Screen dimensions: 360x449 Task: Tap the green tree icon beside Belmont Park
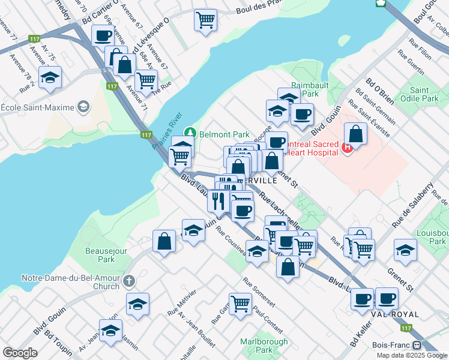[x=190, y=132]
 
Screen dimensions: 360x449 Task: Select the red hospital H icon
[x=346, y=148]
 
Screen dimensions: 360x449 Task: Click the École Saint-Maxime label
[x=37, y=107]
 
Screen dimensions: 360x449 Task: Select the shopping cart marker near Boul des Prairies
[x=205, y=19]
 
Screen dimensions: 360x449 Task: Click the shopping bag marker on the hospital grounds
[x=355, y=135]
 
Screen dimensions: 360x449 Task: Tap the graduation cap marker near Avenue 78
[x=50, y=77]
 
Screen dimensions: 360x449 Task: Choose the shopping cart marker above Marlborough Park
[x=240, y=303]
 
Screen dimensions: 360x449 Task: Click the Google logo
[x=20, y=353]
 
